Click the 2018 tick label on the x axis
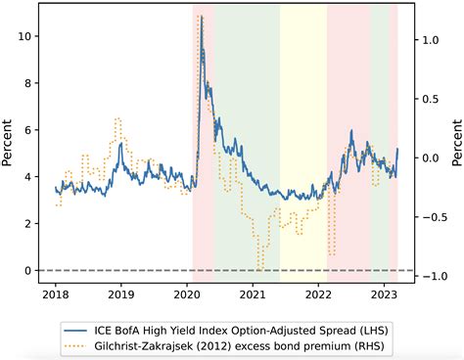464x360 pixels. point(55,293)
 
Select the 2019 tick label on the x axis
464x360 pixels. point(120,293)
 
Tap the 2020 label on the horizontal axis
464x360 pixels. point(187,293)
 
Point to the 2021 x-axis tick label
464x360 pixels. point(254,293)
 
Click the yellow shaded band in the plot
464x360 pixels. point(303,147)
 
